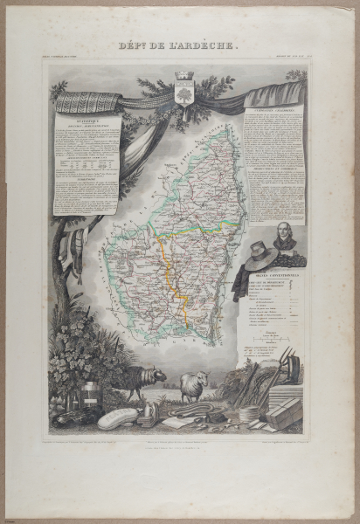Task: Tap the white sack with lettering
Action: (118, 417)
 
